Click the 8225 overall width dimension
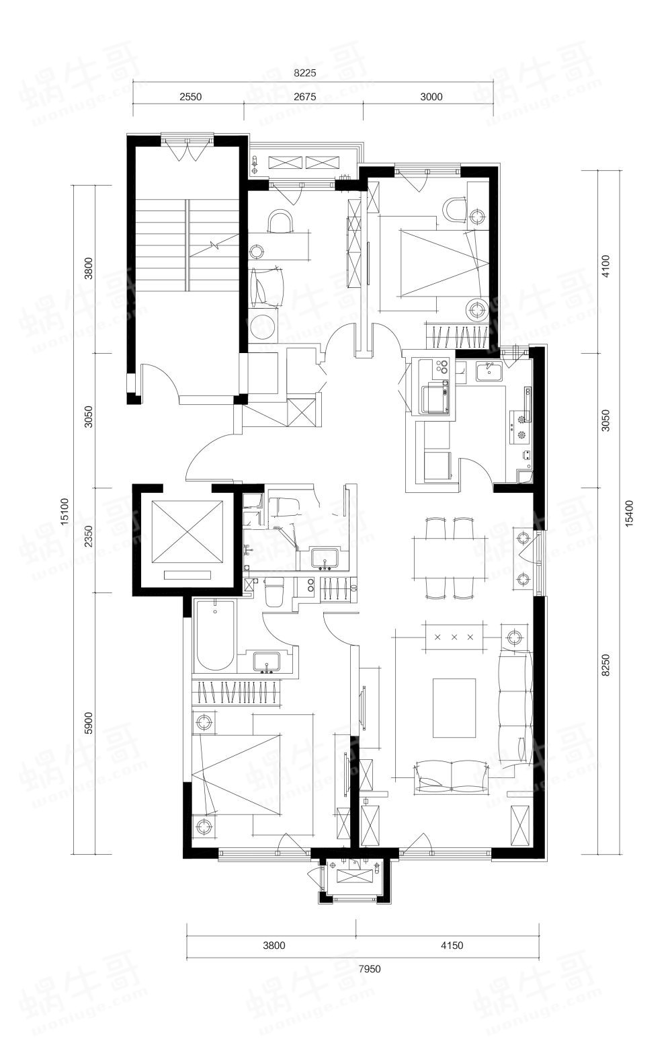[305, 73]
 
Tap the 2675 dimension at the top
[305, 96]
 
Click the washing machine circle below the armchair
[263, 328]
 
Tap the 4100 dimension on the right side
[605, 266]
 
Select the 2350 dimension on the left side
[89, 536]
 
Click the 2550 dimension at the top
[190, 96]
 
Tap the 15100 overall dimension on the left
[65, 512]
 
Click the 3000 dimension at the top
[431, 96]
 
